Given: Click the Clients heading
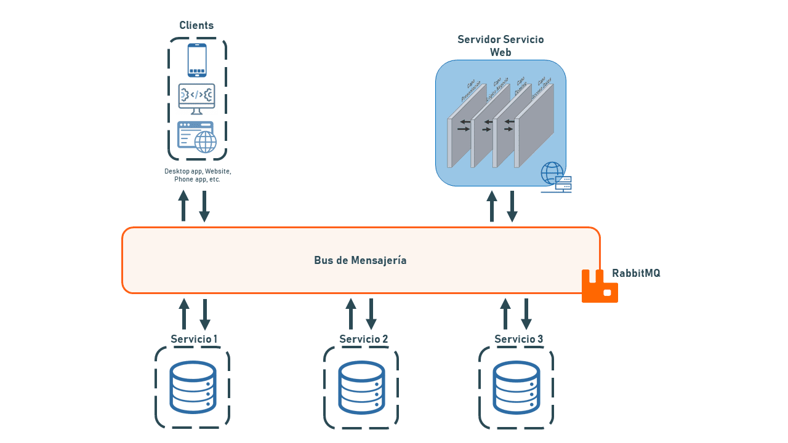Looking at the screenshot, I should coord(196,25).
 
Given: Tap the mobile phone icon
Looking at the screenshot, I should coord(197,60).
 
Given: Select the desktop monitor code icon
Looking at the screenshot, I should coord(196,99).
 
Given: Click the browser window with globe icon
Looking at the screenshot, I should coord(197,137).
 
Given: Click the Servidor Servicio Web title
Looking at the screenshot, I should coord(501,46).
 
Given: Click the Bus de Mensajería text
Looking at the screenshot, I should coord(360,260).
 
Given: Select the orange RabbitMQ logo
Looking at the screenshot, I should coord(599,287).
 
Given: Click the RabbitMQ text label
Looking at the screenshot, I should coord(636,273).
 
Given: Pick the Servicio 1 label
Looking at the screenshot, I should coord(194,339).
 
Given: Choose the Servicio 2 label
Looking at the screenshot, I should coord(363,339).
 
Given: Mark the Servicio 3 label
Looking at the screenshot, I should coord(518,339).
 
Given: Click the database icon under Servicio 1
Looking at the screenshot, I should coord(193,387).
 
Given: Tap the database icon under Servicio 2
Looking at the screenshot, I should coord(361,387).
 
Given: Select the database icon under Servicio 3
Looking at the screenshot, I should coord(517,387).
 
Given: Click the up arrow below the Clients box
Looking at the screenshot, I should coord(183,206).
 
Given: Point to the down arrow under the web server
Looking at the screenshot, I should coord(512,207).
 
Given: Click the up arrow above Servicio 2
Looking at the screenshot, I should coord(351,314).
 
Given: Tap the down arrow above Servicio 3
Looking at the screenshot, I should coord(526,314).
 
